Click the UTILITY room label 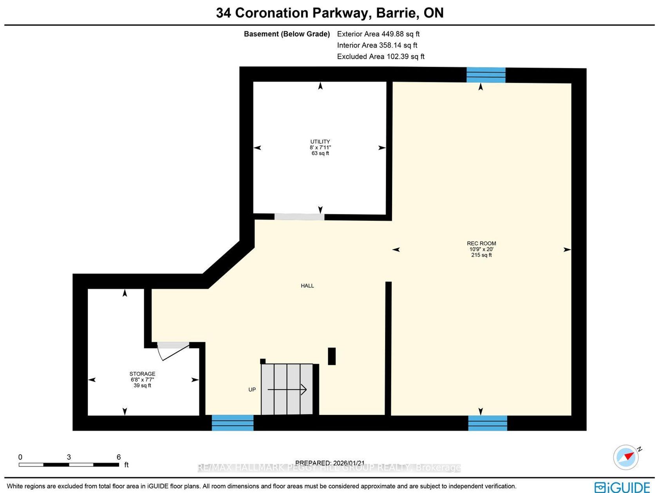320,141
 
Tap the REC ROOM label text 481,243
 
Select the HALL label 307,286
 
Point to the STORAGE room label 143,374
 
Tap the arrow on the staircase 287,390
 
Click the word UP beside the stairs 252,390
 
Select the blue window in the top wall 486,75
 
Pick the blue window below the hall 233,423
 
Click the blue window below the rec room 488,423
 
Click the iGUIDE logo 622,487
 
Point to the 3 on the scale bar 69,457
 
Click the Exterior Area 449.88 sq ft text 378,34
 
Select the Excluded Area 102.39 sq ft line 381,56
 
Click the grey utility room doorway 300,216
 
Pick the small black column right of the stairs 332,356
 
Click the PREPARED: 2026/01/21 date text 330,463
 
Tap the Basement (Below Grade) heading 287,34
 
